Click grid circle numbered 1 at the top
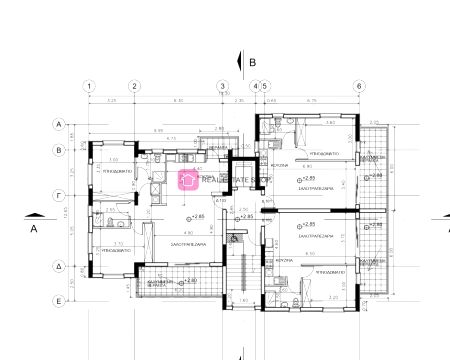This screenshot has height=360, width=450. point(89,86)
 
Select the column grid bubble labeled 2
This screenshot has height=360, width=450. point(133,86)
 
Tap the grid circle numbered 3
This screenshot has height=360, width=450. point(222,86)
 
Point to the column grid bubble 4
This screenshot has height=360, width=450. point(255,86)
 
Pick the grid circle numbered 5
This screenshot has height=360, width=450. point(265,86)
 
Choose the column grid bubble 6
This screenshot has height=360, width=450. point(358,86)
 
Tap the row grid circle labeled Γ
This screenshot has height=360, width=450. point(59,196)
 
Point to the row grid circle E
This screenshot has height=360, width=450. point(59,300)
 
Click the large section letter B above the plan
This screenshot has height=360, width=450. point(253,61)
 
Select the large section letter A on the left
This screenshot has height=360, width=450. point(33,228)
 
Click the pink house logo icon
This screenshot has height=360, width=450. point(186,179)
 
